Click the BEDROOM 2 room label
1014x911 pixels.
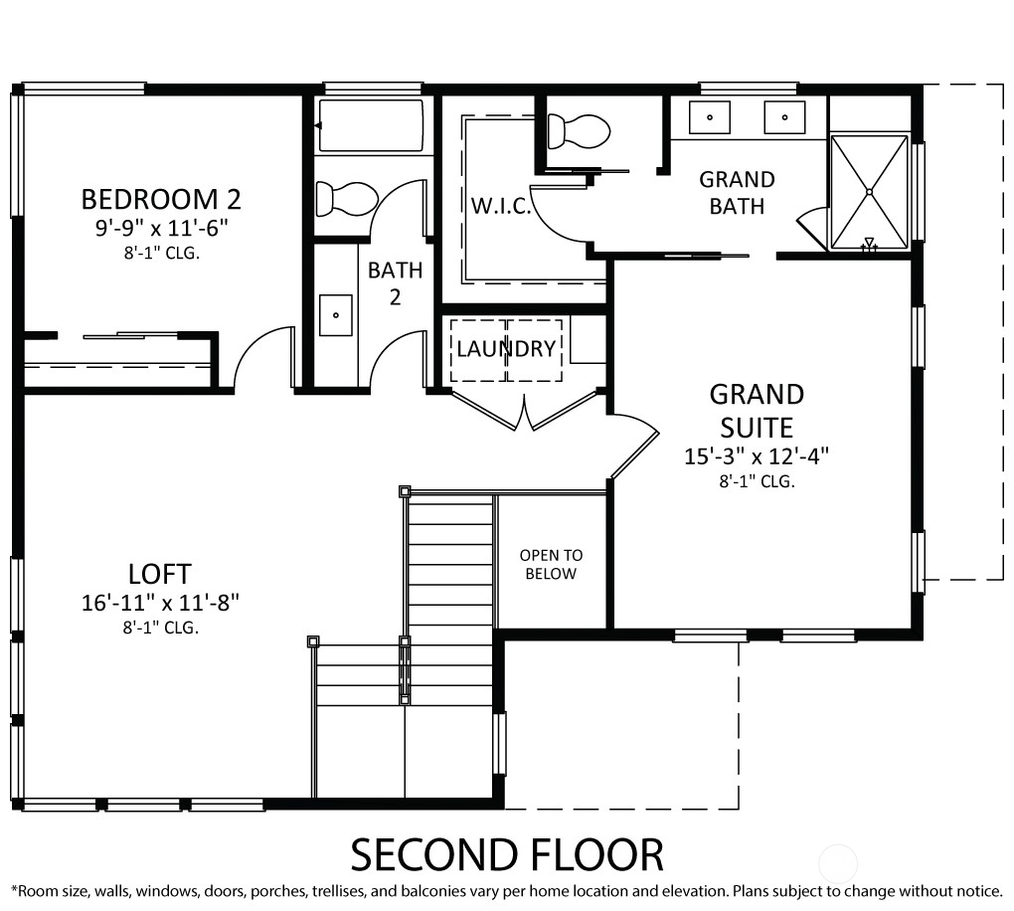[x=161, y=199]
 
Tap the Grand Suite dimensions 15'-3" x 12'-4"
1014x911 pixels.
[x=757, y=456]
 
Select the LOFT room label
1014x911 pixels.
[x=160, y=574]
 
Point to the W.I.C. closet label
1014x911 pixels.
[x=501, y=207]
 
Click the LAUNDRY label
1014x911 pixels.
[x=506, y=349]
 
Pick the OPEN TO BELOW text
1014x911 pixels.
[x=551, y=564]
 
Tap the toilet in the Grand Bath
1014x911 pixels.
[x=579, y=131]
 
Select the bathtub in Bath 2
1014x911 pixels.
[x=370, y=125]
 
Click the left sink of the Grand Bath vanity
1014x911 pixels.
[x=710, y=117]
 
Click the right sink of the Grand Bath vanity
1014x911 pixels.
[x=784, y=117]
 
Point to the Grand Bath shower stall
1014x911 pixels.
[x=869, y=192]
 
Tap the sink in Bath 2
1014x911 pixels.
[x=336, y=315]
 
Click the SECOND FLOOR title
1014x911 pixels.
[x=507, y=854]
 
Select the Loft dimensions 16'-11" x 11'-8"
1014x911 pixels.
[x=160, y=603]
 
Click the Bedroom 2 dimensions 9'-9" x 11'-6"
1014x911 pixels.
[x=162, y=229]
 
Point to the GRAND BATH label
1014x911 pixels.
[x=738, y=193]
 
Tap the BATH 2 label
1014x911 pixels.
[x=395, y=283]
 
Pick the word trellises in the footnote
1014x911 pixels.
[x=340, y=891]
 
